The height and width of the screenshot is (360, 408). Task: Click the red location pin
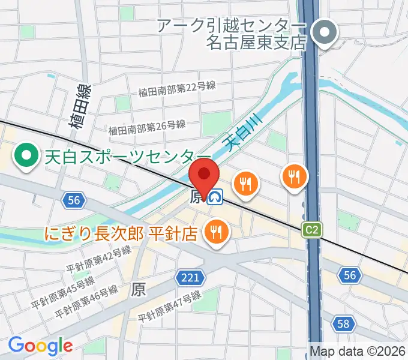pos(204,175)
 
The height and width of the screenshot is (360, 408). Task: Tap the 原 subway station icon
pos(215,196)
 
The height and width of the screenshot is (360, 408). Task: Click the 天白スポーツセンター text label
pos(119,157)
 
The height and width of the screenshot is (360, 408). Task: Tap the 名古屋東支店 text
pos(256,43)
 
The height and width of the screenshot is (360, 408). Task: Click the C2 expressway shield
pos(311,229)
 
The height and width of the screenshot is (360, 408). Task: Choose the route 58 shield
pos(342,325)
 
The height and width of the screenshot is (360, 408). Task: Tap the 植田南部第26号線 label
pos(147,127)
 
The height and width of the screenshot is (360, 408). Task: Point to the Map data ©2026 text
pos(356,351)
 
